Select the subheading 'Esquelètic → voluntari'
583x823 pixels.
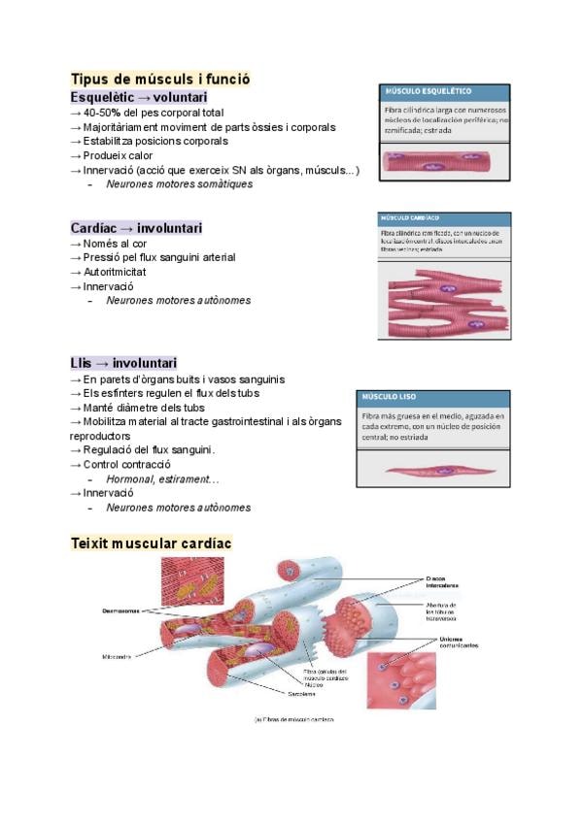point(138,98)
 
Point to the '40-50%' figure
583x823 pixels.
point(102,113)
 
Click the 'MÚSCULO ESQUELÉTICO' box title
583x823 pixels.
point(429,91)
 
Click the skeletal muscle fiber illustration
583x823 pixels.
point(443,163)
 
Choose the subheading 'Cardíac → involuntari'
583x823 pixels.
point(136,228)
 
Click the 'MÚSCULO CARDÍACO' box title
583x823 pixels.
point(413,219)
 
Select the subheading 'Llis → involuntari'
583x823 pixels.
point(123,363)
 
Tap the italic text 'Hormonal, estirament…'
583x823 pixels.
point(162,478)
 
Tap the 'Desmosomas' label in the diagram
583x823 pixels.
point(121,611)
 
